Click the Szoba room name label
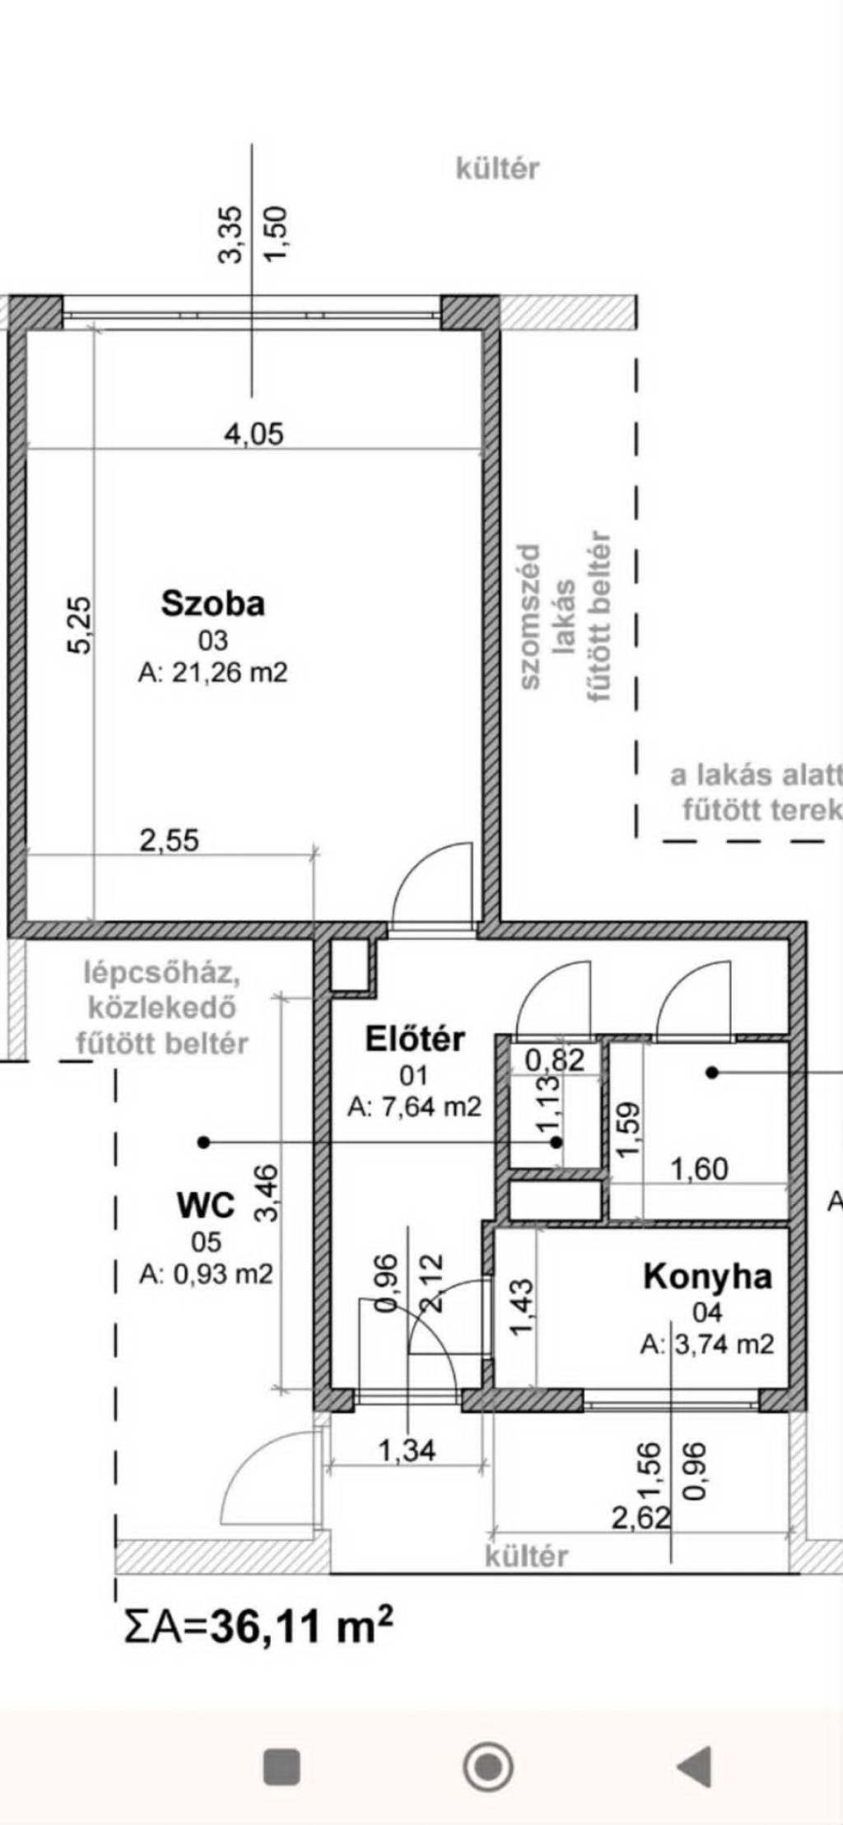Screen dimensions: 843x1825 pyautogui.click(x=213, y=603)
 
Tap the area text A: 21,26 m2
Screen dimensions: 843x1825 pyautogui.click(x=213, y=673)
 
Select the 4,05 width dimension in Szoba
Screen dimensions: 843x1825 pyautogui.click(x=254, y=433)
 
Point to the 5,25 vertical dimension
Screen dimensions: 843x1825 pyautogui.click(x=81, y=625)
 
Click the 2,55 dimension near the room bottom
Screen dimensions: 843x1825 pyautogui.click(x=170, y=840)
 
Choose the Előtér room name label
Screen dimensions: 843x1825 pyautogui.click(x=415, y=1039)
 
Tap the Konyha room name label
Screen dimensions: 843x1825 pyautogui.click(x=708, y=1276)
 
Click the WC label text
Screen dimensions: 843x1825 pyautogui.click(x=206, y=1205)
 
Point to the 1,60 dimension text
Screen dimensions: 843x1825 pyautogui.click(x=700, y=1169)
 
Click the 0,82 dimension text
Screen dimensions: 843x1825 pyautogui.click(x=556, y=1059)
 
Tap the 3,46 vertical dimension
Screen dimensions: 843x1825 pyautogui.click(x=267, y=1193)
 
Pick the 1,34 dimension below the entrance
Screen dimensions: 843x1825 pyautogui.click(x=407, y=1450)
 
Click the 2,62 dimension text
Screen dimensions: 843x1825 pyautogui.click(x=641, y=1517)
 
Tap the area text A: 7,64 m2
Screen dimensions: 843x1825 pyautogui.click(x=414, y=1107)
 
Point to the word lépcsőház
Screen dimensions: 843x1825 pyautogui.click(x=162, y=975)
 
